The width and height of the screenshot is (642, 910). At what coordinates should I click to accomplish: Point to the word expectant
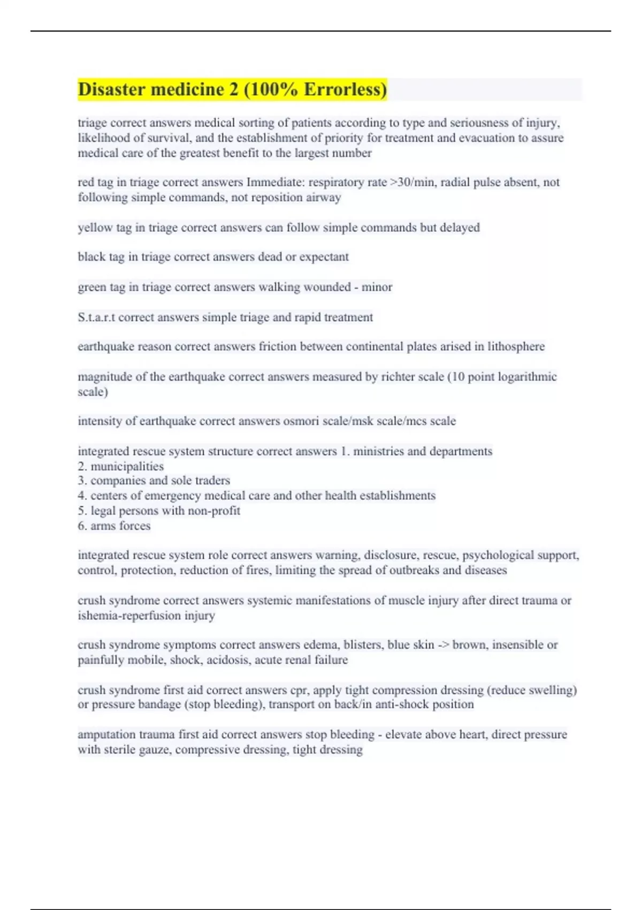coord(324,257)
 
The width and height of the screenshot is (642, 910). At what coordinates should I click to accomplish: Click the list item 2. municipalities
coord(121,466)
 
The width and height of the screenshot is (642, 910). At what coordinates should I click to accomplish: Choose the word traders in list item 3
coord(212,481)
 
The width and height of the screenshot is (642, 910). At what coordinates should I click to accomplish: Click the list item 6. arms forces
coord(114,526)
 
